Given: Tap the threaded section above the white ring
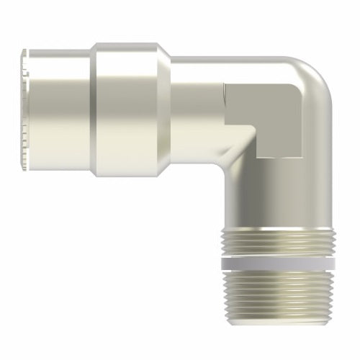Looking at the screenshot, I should (277, 243).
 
